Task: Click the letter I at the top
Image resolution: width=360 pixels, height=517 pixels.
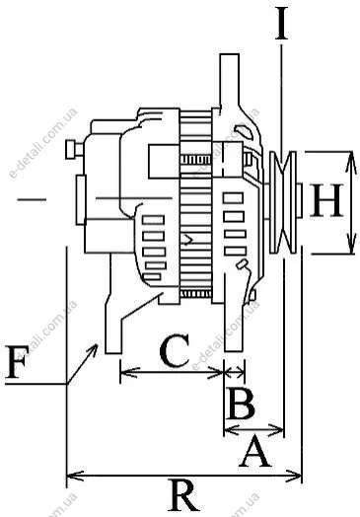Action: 281,23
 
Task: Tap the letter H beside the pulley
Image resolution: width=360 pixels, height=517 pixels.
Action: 326,200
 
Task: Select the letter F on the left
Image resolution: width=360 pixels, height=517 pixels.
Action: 17,362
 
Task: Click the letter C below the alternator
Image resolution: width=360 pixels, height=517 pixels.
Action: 175,350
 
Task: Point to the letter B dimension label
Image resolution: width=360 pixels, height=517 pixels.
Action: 241,403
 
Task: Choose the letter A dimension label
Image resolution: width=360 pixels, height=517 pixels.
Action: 255,451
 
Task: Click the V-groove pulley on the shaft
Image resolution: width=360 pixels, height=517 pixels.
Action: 283,202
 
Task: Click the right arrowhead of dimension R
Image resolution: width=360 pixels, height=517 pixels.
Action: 293,476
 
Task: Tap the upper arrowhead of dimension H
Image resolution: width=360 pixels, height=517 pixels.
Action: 351,162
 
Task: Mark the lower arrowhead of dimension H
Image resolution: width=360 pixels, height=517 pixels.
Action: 351,244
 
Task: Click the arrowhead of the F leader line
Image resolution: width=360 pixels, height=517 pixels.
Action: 93,349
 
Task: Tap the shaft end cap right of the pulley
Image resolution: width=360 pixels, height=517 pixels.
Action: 299,200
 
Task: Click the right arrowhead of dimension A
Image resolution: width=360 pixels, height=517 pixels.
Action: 276,429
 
